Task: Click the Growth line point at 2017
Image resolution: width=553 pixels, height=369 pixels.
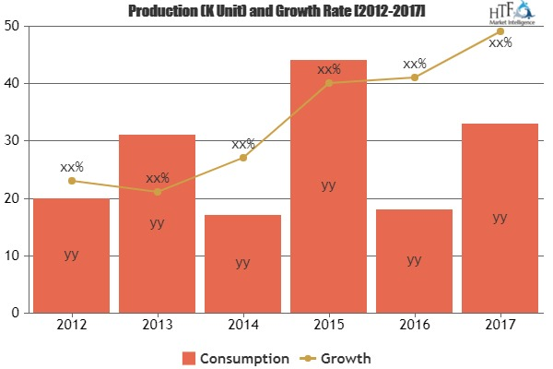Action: click(x=500, y=31)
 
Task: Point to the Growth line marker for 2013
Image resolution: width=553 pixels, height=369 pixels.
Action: click(x=157, y=192)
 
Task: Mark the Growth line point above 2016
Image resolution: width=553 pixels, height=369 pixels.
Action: click(x=414, y=77)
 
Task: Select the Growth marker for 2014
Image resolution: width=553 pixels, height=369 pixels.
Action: click(x=242, y=158)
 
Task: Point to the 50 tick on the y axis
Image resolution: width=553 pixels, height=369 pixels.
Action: click(x=15, y=26)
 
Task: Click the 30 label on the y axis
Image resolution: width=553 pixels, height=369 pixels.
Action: click(x=15, y=141)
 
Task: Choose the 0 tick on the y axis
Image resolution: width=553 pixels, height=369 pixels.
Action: click(x=18, y=314)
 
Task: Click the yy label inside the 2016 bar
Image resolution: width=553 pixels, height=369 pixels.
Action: click(x=414, y=260)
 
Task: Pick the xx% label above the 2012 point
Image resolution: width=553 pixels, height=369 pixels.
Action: click(x=71, y=167)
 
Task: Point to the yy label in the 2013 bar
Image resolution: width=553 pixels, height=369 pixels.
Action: click(x=157, y=222)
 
